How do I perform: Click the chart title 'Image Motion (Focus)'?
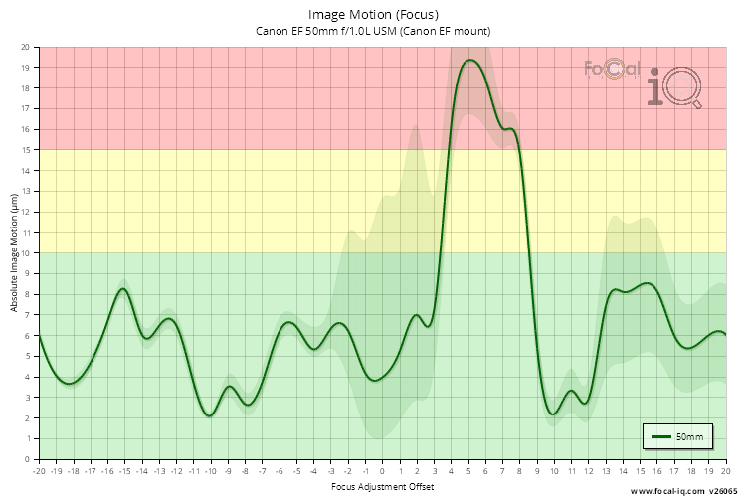click(x=373, y=14)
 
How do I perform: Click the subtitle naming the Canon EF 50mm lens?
click(x=373, y=31)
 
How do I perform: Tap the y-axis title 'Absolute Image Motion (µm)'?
click(x=15, y=253)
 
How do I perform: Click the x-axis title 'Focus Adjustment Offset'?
click(x=383, y=486)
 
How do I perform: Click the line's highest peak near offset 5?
click(x=470, y=60)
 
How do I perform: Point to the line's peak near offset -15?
click(x=123, y=288)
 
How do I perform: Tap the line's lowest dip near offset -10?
click(x=210, y=415)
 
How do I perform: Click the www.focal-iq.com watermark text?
click(x=666, y=490)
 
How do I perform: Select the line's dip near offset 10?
click(x=554, y=414)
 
